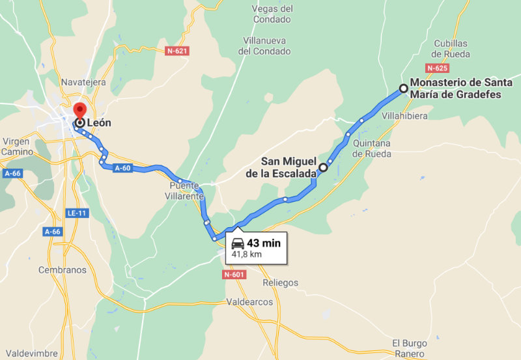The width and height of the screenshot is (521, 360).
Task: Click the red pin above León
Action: (79, 110)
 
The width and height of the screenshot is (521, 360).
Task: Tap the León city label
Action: (99, 122)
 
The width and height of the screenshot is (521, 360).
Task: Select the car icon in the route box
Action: (238, 243)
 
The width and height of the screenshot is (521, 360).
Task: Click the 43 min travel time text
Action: (264, 243)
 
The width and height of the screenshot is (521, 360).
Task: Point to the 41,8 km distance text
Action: (247, 255)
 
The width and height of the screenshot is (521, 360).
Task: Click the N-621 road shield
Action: (177, 50)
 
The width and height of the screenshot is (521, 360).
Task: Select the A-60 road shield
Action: (124, 168)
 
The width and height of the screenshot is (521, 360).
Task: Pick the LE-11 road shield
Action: (76, 213)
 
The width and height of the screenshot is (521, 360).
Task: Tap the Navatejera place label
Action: (83, 82)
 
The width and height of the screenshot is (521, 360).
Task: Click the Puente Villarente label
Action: (183, 190)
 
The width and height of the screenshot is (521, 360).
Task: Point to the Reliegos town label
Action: (280, 283)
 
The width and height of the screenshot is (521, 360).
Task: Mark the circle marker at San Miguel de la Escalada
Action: (323, 167)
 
